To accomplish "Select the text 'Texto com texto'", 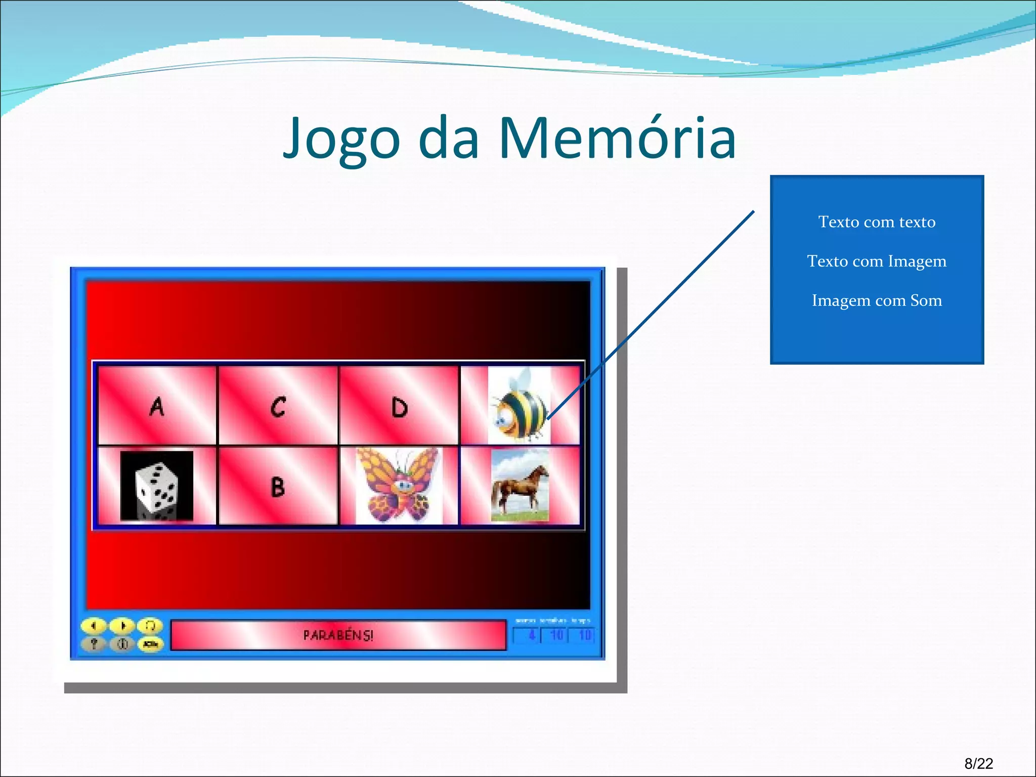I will (877, 222).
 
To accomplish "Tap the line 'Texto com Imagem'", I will (877, 261).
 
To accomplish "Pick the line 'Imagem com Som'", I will (877, 300).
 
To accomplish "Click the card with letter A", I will (157, 406).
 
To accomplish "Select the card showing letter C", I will (278, 406).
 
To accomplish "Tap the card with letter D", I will (399, 406).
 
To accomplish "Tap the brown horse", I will (520, 486).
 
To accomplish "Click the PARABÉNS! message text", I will (338, 635).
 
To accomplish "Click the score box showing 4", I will (527, 635).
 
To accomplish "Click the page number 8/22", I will (978, 763).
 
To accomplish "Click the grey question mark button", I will (94, 644).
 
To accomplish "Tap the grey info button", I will (122, 644).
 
